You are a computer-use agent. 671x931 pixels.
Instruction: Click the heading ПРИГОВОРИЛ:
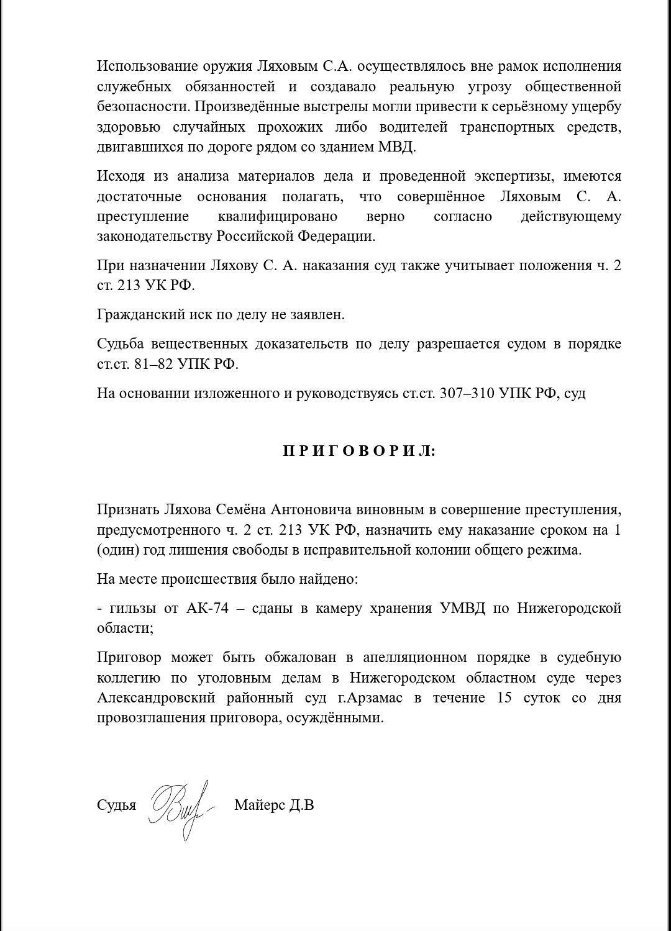point(359,452)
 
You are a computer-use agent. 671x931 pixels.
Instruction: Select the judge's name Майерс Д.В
point(274,806)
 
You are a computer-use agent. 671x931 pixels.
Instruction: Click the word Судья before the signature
point(116,806)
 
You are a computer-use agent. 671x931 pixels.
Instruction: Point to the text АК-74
point(208,608)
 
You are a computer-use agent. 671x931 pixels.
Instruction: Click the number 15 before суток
point(504,697)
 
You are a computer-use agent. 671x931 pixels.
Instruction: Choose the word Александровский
point(156,697)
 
